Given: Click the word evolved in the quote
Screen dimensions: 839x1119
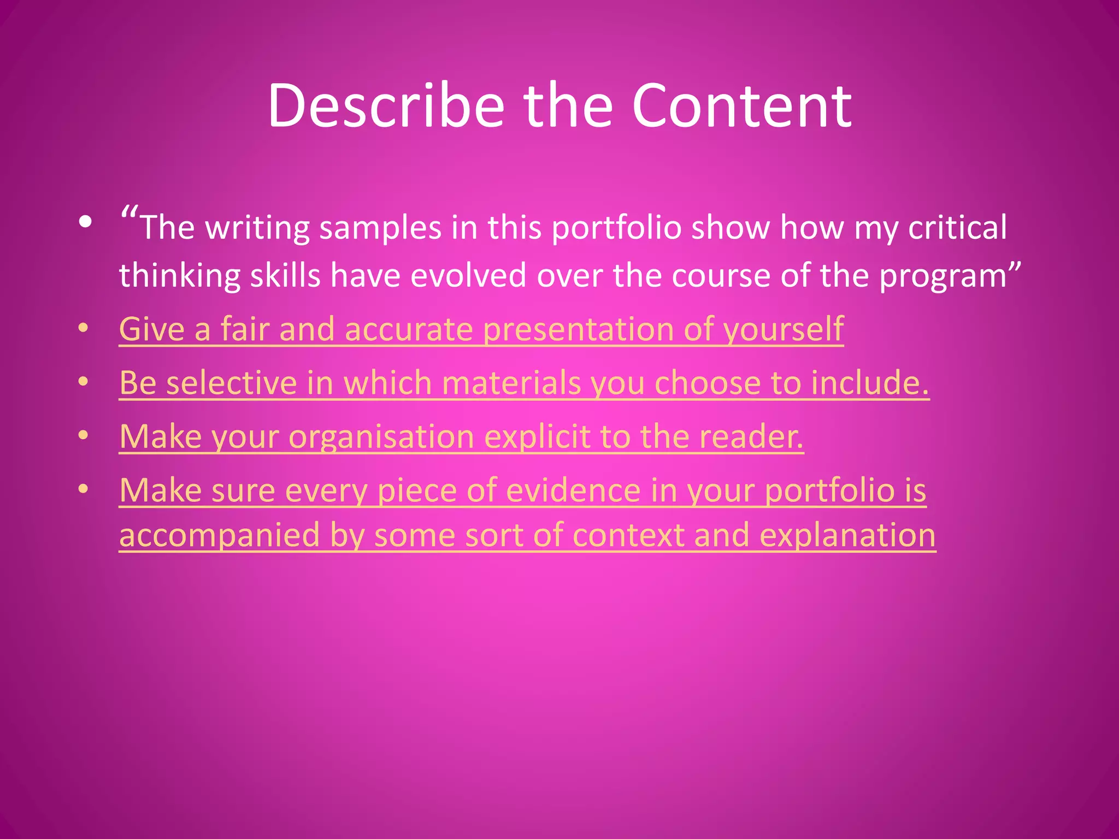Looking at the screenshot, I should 468,275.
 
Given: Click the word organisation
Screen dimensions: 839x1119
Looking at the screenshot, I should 381,438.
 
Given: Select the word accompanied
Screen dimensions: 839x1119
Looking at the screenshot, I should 219,535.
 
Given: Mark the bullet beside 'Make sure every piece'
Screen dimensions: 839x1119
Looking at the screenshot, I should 83,489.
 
